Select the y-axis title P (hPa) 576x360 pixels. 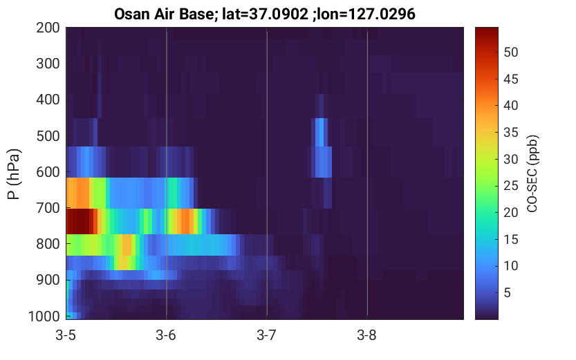point(14,174)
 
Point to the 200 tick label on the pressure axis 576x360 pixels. point(48,28)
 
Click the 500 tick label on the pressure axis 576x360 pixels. point(48,136)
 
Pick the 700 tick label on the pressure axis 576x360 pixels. point(48,208)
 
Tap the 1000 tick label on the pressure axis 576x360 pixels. point(44,316)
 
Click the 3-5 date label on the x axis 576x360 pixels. point(66,335)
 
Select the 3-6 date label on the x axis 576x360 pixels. point(166,335)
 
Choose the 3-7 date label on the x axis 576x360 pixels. point(266,335)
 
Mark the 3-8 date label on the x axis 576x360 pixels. point(367,335)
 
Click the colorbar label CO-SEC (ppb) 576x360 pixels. point(532,174)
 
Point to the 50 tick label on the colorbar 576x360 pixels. point(511,52)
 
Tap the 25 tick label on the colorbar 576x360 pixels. point(511,186)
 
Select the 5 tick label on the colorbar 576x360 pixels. point(508,292)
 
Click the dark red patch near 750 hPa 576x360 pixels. point(78,221)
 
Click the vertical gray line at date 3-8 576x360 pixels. point(367,173)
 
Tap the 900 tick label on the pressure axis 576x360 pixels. point(48,280)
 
